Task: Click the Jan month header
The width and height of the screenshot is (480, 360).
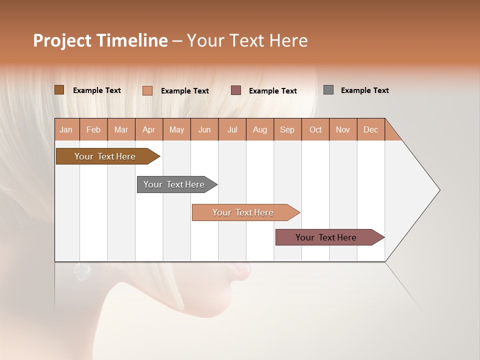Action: pos(66,130)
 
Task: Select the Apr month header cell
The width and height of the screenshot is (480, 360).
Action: pos(148,130)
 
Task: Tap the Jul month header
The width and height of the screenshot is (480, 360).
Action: pos(232,130)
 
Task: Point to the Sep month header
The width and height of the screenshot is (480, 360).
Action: pos(287,130)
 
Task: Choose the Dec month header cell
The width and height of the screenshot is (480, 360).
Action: pos(370,130)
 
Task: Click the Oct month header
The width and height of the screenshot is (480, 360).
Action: pos(315,130)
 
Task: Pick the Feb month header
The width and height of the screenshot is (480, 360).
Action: pos(93,130)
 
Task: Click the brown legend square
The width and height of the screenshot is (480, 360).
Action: pos(59,90)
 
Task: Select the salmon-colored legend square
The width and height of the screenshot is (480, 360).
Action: pos(147,90)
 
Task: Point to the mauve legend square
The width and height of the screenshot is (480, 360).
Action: pos(236,90)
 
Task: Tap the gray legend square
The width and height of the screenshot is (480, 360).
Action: pos(328,90)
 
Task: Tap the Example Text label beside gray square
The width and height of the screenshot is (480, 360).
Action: pos(364,90)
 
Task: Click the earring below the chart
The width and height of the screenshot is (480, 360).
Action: pos(82,271)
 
